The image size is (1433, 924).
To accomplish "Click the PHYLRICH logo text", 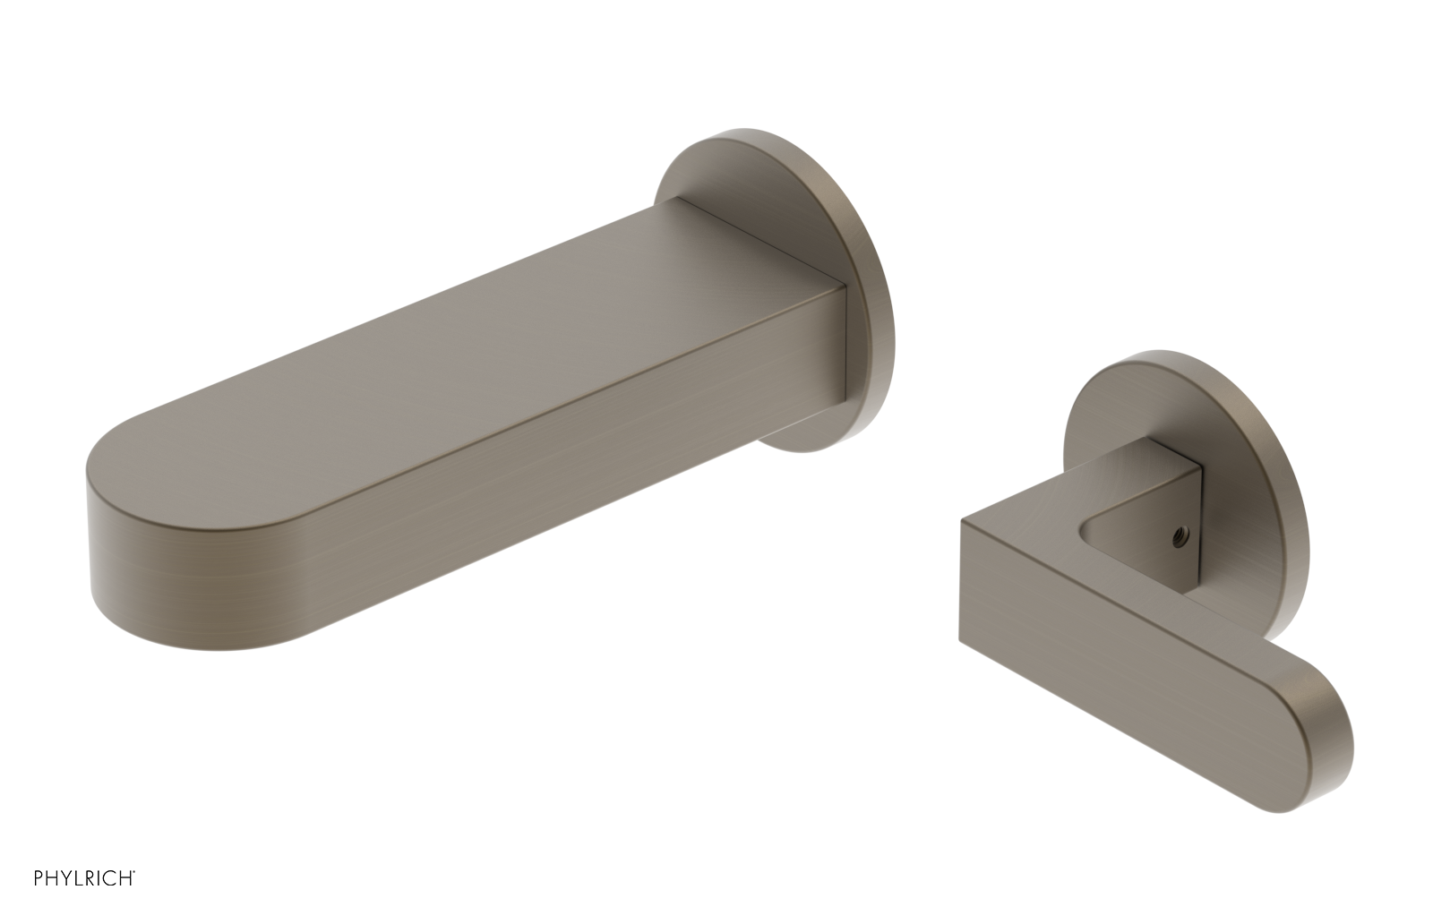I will point(84,878).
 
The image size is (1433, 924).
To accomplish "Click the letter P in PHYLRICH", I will point(39,878).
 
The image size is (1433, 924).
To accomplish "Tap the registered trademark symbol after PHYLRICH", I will point(134,872).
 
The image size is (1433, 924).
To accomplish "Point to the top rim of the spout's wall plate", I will point(761,134).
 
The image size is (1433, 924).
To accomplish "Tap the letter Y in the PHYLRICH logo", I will point(64,878).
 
